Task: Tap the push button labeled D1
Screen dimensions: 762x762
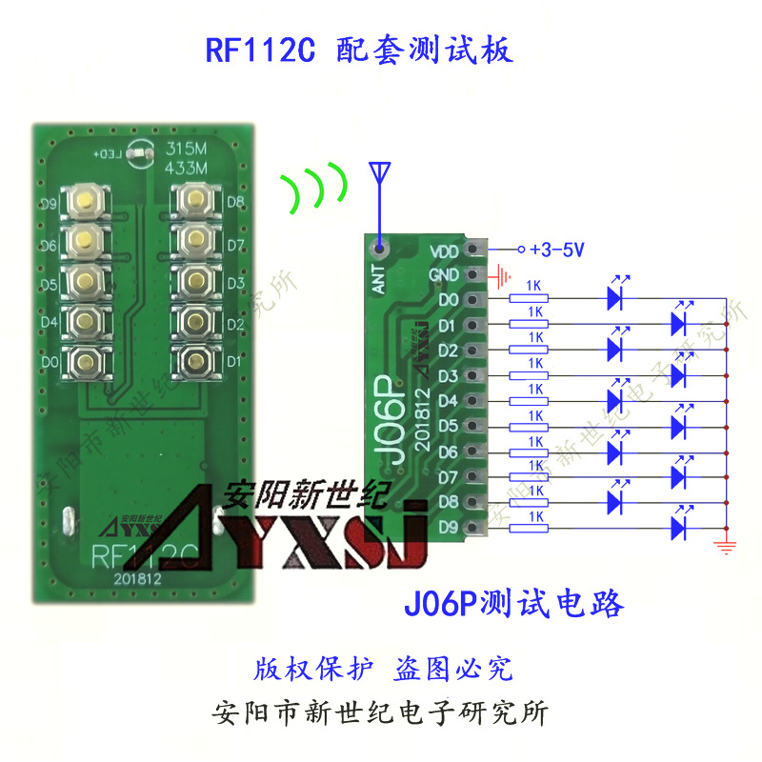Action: coord(196,361)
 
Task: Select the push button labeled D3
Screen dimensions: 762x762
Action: coord(196,281)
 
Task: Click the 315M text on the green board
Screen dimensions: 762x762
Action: coord(187,150)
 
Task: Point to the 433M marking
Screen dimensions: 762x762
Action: coord(187,168)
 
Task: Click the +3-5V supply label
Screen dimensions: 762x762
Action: coord(557,250)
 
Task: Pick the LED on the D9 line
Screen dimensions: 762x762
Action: coord(680,525)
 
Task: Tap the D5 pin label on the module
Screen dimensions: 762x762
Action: coord(448,425)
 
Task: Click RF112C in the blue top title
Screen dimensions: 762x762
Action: coord(259,50)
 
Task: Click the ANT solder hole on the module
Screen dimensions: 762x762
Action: coord(380,250)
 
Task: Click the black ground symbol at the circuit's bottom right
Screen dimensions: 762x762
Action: coord(727,545)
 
